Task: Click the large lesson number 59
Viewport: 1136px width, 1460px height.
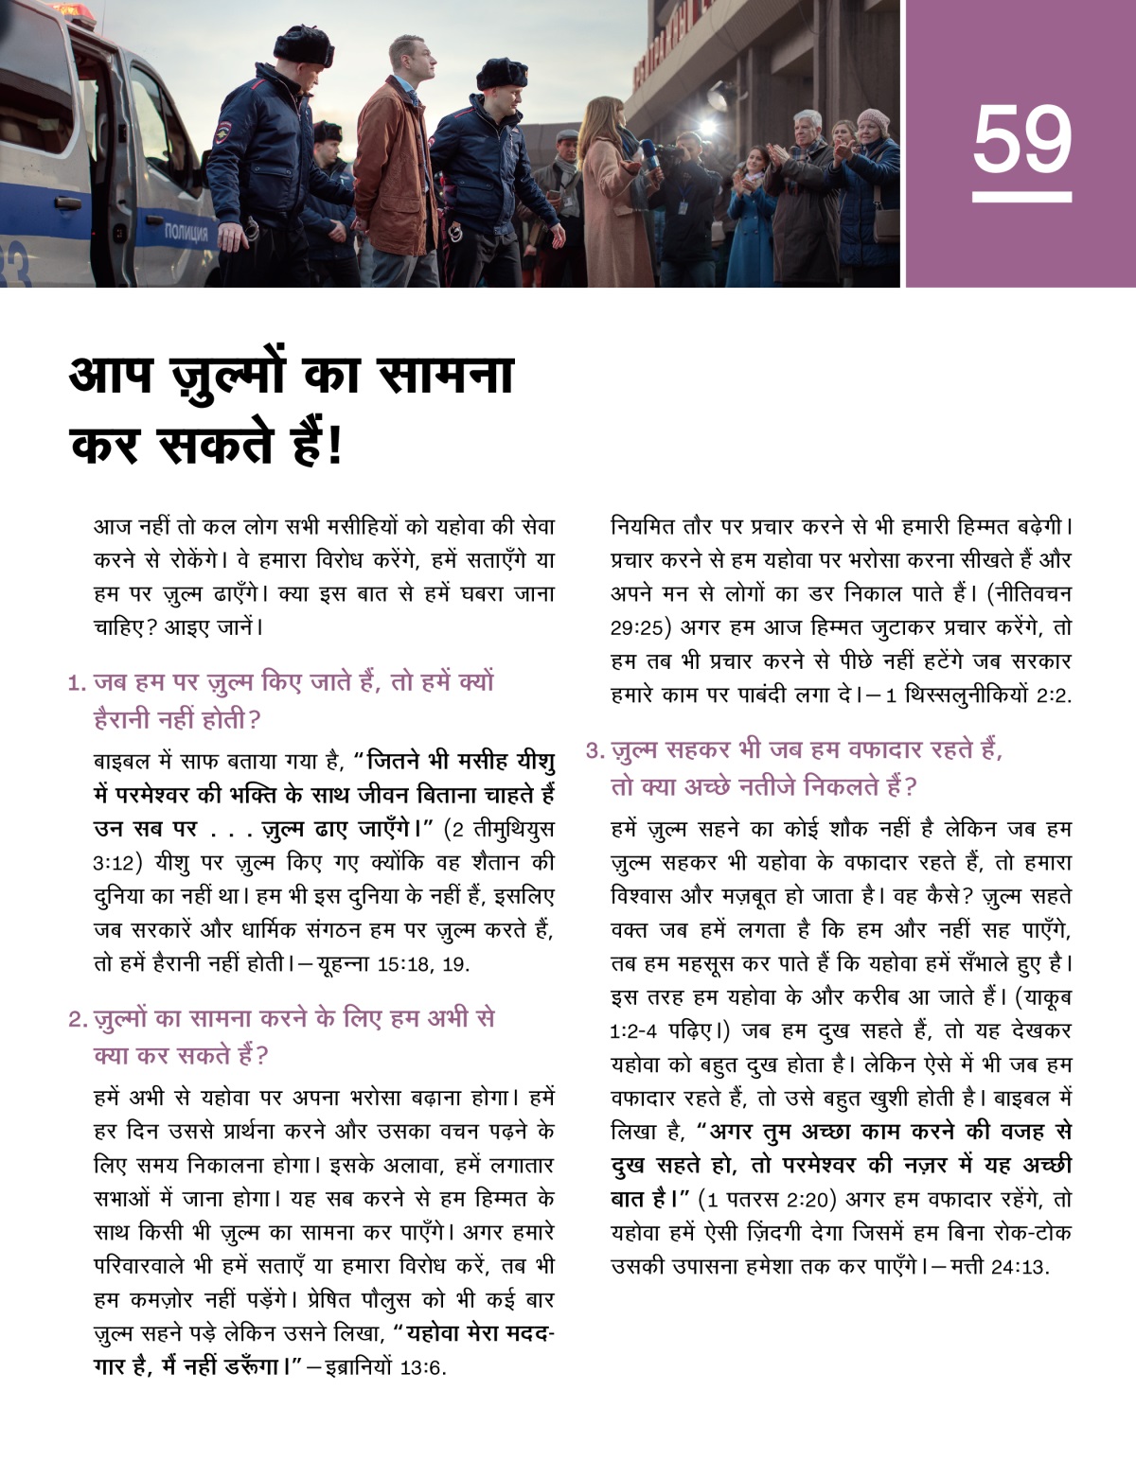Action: [x=1021, y=140]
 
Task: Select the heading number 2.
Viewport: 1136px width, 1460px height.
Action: [x=78, y=1020]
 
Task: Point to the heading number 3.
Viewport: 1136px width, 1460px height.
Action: [x=595, y=751]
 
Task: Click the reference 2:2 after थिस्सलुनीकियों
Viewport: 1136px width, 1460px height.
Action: [x=1053, y=695]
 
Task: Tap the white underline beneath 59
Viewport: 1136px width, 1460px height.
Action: [x=1021, y=198]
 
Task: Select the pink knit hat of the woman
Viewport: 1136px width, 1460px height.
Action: [x=872, y=119]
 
